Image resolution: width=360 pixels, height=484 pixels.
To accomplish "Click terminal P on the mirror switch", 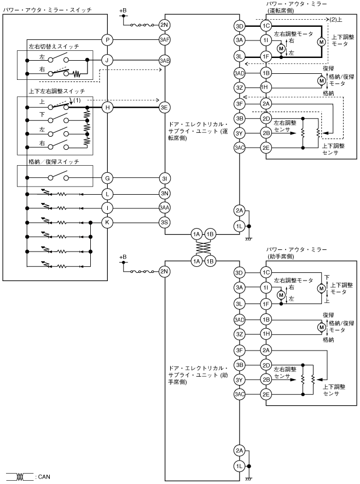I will point(108,39).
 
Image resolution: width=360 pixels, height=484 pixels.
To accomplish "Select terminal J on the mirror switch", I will point(108,60).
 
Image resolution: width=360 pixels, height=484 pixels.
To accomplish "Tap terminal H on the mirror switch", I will point(108,108).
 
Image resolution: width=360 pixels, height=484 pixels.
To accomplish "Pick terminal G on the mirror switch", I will point(108,177).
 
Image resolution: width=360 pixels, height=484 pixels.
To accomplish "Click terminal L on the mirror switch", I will point(108,193).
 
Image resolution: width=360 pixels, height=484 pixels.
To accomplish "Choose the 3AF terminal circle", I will point(164,39).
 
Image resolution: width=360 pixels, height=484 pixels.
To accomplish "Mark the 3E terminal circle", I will point(164,108).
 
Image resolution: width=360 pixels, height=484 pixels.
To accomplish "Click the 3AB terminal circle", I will point(164,60).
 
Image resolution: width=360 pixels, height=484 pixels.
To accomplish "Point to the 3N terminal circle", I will point(164,193).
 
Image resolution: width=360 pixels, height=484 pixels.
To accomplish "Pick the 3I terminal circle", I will point(164,177).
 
